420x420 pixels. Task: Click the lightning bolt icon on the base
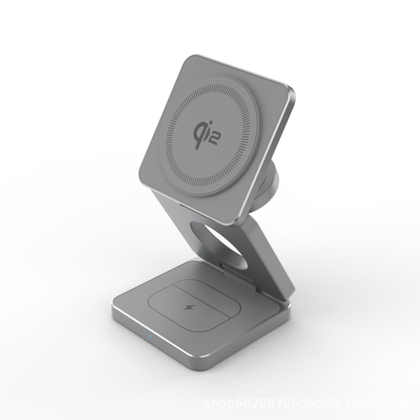(187, 306)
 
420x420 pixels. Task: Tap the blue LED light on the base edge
(150, 337)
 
